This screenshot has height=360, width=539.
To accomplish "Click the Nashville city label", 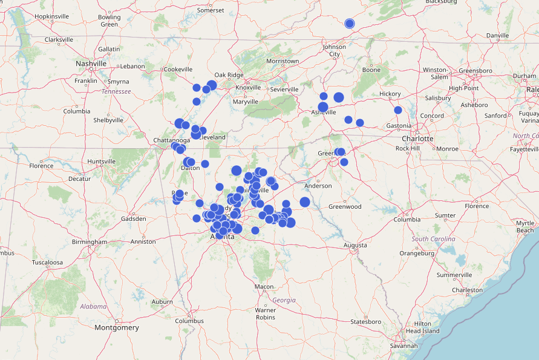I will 91,64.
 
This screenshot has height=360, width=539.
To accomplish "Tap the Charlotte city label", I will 418,139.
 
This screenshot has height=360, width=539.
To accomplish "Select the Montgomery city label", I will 117,327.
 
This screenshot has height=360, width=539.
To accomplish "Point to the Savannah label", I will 404,345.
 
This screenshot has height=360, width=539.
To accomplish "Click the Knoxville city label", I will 247,88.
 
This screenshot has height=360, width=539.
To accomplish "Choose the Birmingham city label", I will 89,242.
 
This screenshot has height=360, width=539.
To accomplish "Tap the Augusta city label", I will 355,245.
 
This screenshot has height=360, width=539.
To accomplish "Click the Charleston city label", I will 468,290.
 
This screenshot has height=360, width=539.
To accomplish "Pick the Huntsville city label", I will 101,162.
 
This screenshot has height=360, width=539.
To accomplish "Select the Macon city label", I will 264,287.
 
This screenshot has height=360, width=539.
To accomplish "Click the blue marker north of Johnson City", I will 349,24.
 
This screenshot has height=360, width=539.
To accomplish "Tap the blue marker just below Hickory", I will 397,110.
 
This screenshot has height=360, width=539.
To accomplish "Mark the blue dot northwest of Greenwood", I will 305,202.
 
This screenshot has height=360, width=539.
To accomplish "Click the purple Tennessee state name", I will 116,91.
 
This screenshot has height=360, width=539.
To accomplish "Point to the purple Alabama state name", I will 93,307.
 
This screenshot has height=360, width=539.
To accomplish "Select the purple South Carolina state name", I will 433,239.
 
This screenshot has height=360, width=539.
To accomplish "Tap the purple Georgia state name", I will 284,300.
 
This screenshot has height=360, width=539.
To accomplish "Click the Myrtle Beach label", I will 525,227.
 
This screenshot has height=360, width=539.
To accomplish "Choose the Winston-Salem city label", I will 436,73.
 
